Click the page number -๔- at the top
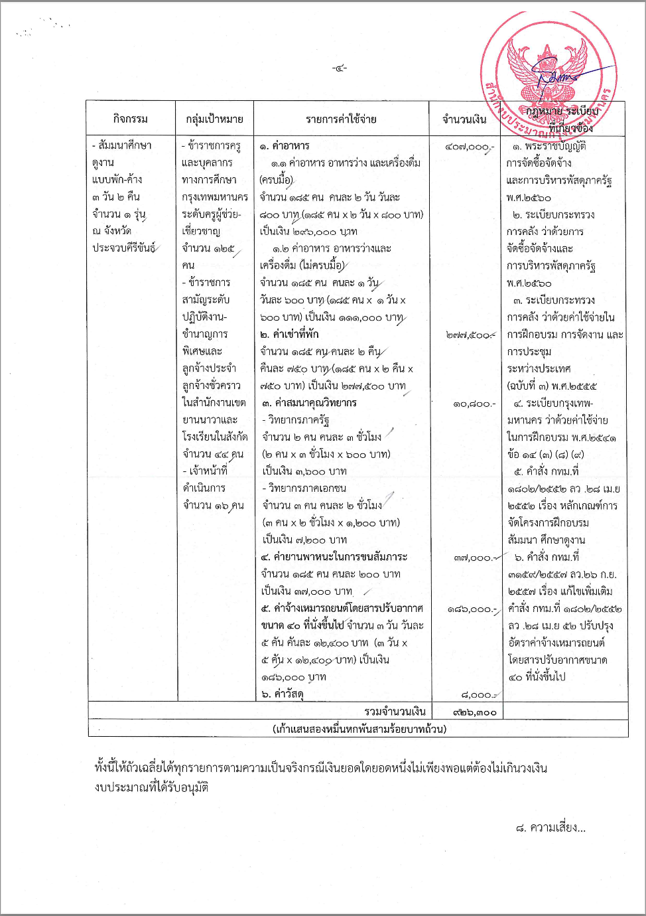pyautogui.click(x=340, y=68)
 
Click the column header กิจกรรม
pyautogui.click(x=131, y=119)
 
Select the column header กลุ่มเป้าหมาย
pyautogui.click(x=214, y=119)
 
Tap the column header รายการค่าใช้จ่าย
pyautogui.click(x=341, y=119)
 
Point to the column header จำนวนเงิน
pyautogui.click(x=464, y=119)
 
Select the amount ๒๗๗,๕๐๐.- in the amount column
pyautogui.click(x=470, y=335)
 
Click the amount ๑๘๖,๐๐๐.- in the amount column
pyautogui.click(x=472, y=609)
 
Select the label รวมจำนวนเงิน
pyautogui.click(x=395, y=712)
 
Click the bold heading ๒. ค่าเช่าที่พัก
pyautogui.click(x=289, y=334)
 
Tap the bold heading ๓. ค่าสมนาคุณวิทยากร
pyautogui.click(x=308, y=403)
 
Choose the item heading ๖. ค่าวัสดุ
pyautogui.click(x=283, y=694)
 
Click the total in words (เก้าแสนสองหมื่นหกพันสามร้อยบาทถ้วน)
pyautogui.click(x=359, y=729)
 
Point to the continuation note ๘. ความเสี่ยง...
pyautogui.click(x=550, y=828)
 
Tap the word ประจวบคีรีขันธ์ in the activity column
pyautogui.click(x=124, y=248)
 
